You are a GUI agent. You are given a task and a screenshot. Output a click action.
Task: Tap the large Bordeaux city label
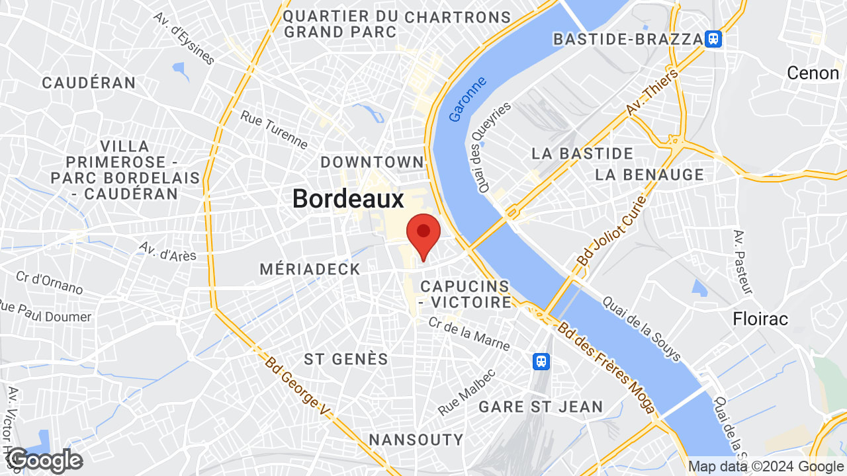[x=348, y=199]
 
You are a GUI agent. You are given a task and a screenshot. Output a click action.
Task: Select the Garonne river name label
[x=467, y=99]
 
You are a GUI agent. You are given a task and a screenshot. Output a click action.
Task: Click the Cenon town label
[x=813, y=73]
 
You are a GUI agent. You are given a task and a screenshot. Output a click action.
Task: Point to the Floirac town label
[x=760, y=319]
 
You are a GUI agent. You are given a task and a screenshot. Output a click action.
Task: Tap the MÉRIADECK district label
[x=310, y=269]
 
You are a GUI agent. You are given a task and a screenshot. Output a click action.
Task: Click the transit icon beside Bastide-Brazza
[x=713, y=39]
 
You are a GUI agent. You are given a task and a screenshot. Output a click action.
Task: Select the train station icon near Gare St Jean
[x=541, y=361]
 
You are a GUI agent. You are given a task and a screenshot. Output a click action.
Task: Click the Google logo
[x=45, y=460]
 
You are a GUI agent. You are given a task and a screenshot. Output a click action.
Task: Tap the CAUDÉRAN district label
[x=89, y=83]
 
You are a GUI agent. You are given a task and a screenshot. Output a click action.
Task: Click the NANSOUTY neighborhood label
[x=416, y=440]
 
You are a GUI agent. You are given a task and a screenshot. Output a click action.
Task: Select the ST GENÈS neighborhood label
[x=345, y=359]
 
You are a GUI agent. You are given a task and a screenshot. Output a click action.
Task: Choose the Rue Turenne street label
[x=274, y=129]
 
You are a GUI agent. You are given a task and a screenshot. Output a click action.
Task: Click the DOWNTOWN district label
[x=372, y=162]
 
